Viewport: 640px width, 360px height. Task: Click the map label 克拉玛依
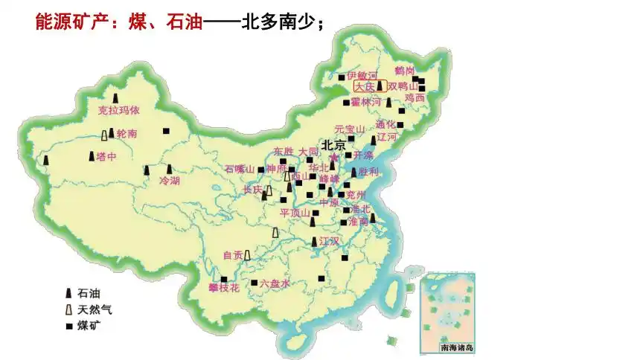click(x=118, y=111)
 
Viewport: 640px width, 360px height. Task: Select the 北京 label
click(x=333, y=144)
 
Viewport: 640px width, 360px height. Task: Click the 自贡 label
click(x=233, y=255)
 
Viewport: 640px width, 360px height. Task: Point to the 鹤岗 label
click(x=405, y=70)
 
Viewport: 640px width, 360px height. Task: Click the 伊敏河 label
click(x=362, y=76)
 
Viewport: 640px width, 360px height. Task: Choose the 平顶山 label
click(x=295, y=213)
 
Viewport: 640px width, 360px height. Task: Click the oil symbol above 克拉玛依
click(x=116, y=97)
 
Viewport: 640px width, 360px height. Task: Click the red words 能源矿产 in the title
click(x=67, y=22)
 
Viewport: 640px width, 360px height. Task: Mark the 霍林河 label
click(x=366, y=101)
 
